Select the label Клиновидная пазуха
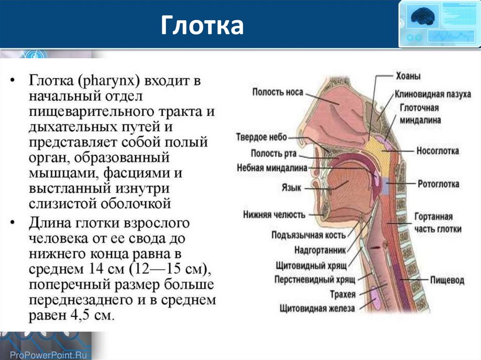coord(433,94)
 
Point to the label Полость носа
coord(278,92)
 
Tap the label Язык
coord(291,187)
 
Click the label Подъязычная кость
coord(309,235)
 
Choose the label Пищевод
coord(447,280)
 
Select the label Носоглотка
coord(437,151)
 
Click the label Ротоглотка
coord(438,184)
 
